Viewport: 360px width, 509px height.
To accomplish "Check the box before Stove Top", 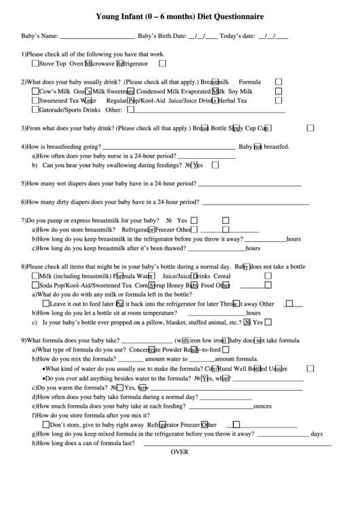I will [35, 63].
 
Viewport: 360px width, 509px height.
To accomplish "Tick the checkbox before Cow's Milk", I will [35, 90].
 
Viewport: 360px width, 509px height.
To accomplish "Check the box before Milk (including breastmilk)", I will [35, 277].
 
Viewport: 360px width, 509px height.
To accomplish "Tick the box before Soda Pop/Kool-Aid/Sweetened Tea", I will [35, 286].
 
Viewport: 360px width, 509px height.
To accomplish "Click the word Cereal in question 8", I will [222, 277].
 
